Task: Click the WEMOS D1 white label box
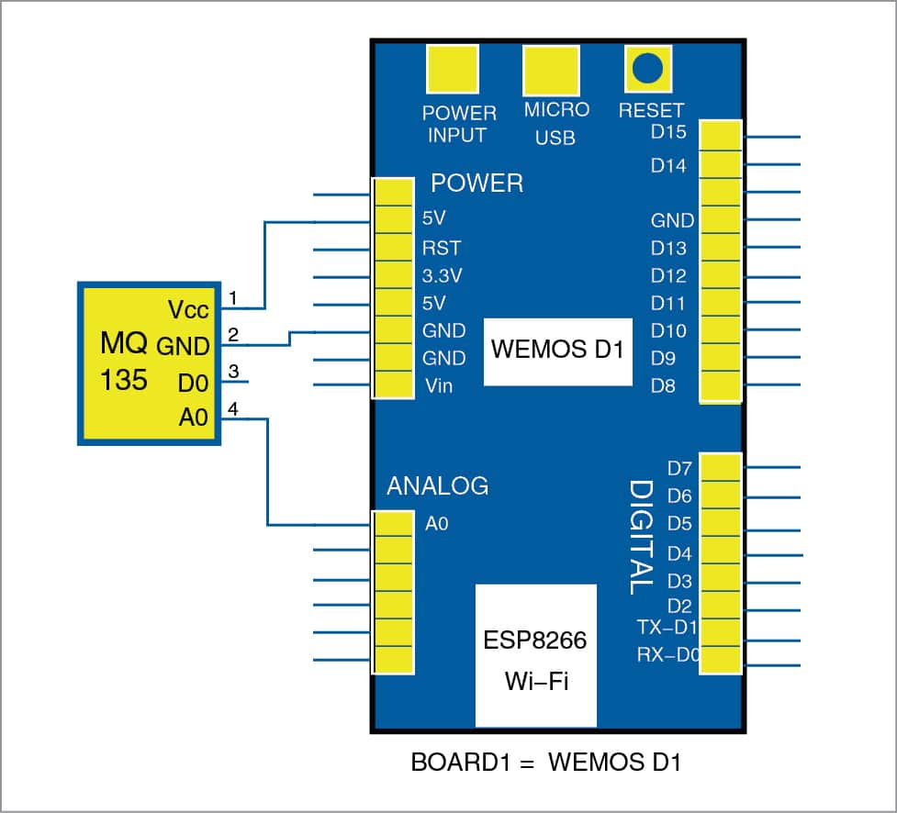point(557,351)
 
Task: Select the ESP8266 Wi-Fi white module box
point(535,654)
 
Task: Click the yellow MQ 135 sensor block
point(149,363)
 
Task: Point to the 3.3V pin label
point(443,275)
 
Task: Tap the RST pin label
point(442,248)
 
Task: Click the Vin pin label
point(438,385)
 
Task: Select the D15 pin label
point(668,132)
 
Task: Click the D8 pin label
point(663,385)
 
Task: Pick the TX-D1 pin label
point(667,628)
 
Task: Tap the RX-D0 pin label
point(667,655)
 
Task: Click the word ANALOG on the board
point(438,485)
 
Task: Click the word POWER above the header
point(477,184)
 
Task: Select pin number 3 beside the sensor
point(234,372)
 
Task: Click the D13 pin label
point(668,248)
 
